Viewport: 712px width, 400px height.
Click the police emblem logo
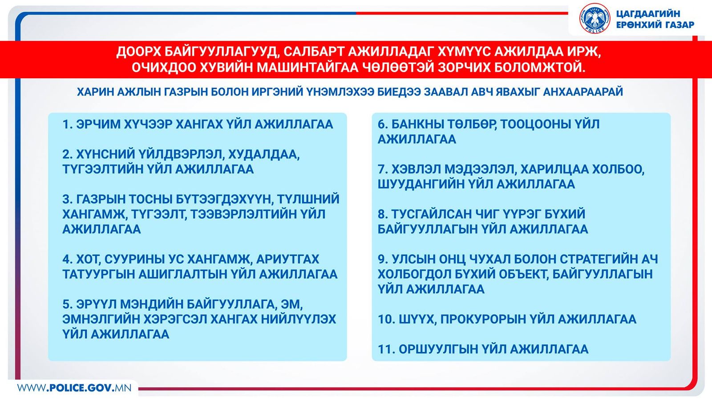[x=595, y=18]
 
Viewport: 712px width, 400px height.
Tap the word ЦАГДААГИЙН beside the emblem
[x=648, y=14]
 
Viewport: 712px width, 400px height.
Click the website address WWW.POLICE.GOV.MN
[x=74, y=388]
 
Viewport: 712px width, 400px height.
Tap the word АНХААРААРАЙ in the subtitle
[x=583, y=92]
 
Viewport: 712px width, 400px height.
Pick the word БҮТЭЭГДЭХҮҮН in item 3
[x=224, y=200]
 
